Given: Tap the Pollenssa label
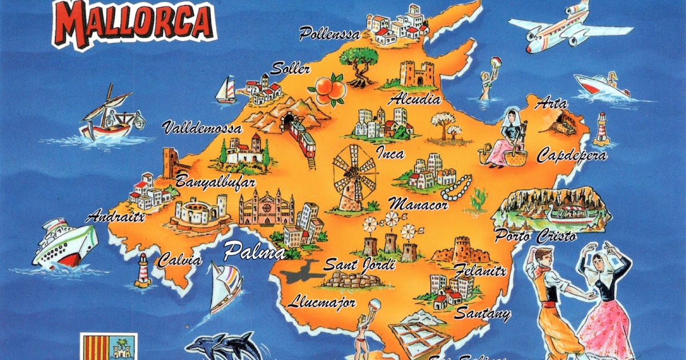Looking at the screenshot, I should coord(330,34).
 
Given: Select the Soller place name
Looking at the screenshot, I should coord(290,70).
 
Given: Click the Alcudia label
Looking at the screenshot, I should coord(414,99).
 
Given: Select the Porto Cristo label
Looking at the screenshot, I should coord(535,235).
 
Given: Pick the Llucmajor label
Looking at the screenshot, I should coord(322,302).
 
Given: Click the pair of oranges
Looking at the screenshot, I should coord(328,90).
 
